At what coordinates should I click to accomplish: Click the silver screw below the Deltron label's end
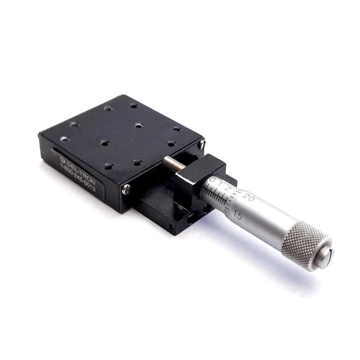tap(127, 189)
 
